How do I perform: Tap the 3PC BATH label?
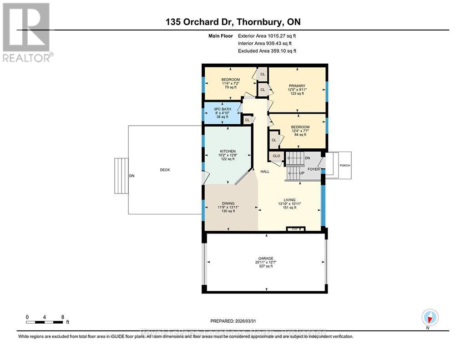(x=223, y=109)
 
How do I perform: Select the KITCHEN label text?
(x=227, y=151)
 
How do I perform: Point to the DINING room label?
(x=228, y=203)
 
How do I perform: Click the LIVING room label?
(x=289, y=200)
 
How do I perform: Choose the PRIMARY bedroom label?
(x=296, y=86)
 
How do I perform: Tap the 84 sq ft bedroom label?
(x=300, y=127)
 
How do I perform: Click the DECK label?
(x=165, y=170)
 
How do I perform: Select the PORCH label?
(x=345, y=165)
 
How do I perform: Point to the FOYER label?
(x=314, y=169)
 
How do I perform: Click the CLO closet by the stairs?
(x=276, y=156)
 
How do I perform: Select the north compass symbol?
(x=430, y=317)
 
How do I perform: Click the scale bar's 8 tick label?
(x=62, y=316)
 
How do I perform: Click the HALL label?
(x=265, y=172)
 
